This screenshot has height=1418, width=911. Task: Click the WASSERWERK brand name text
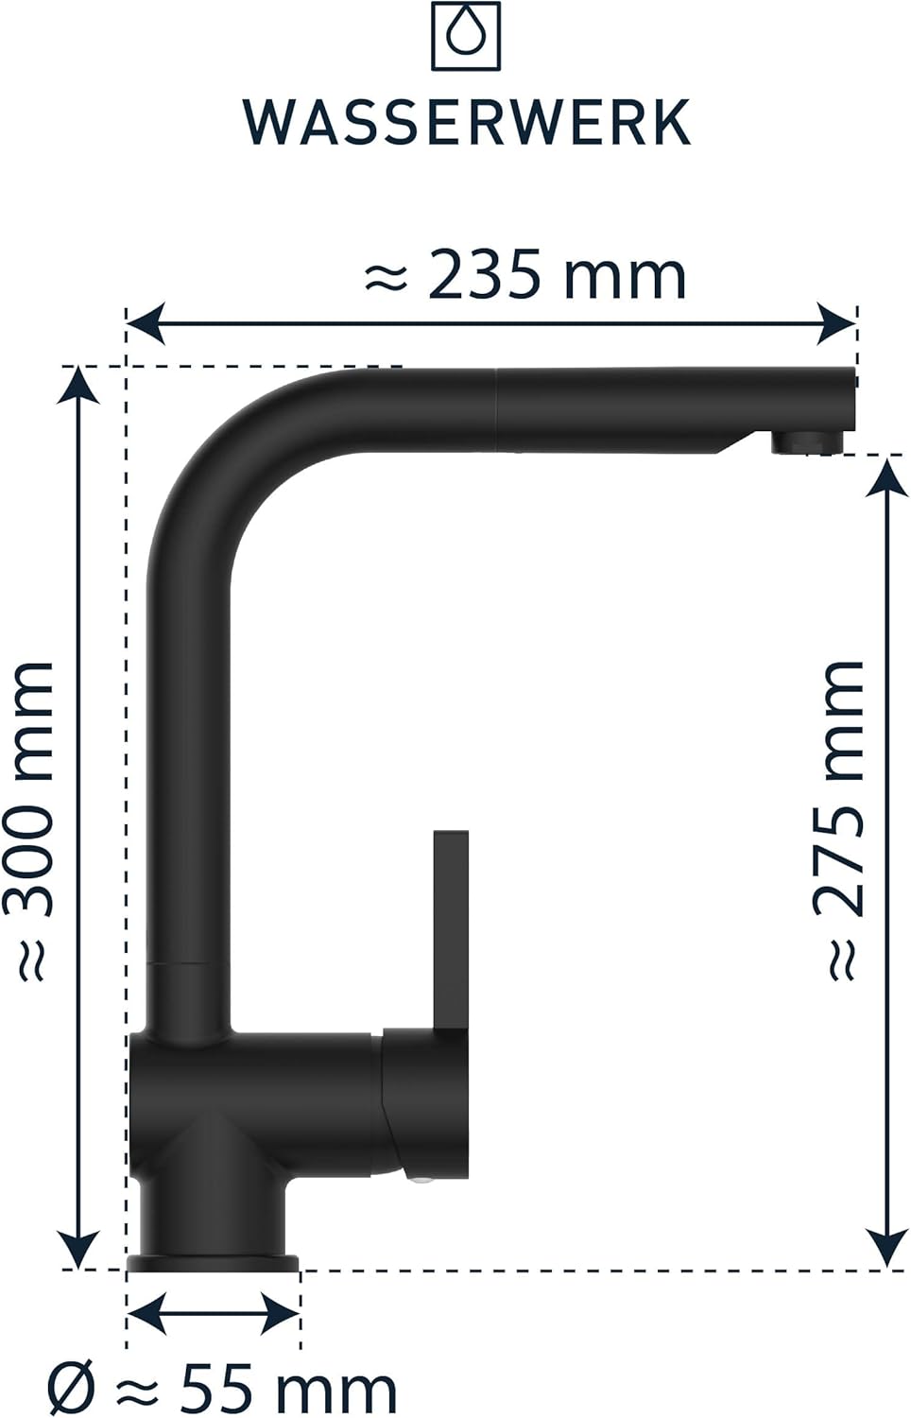467,122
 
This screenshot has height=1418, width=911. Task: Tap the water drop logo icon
466,36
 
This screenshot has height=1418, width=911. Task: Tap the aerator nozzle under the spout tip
807,441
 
